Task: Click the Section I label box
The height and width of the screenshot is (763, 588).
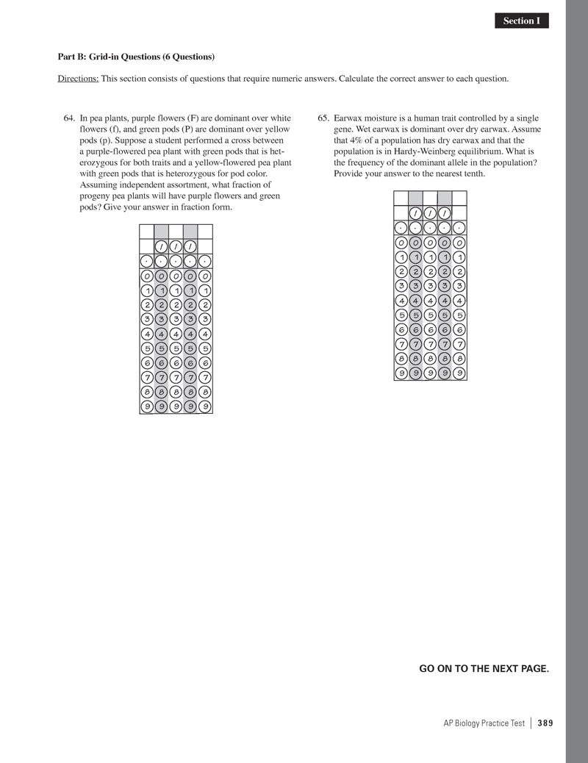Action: (x=522, y=21)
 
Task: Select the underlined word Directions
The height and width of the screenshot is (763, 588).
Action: (x=78, y=79)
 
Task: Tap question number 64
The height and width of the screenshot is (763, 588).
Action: (x=71, y=118)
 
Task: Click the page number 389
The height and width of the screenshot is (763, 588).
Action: (x=545, y=723)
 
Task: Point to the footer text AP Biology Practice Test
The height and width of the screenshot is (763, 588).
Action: (x=484, y=723)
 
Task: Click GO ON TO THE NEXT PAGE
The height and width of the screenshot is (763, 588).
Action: (x=484, y=668)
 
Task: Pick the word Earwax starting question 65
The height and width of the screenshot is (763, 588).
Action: (x=348, y=118)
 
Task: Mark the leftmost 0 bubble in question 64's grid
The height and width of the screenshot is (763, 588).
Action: (x=147, y=276)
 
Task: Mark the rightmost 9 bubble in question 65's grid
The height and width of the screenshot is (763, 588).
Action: (x=459, y=373)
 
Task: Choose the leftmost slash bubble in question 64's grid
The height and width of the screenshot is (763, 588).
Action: (x=162, y=246)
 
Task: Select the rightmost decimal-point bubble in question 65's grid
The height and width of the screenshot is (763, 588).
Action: (x=459, y=227)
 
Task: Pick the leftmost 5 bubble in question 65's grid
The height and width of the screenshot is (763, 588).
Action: (x=401, y=315)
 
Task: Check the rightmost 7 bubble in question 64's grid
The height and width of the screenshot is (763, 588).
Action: (x=205, y=377)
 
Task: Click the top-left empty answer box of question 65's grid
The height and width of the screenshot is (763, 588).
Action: (x=401, y=198)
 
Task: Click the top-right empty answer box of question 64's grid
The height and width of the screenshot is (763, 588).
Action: (x=205, y=231)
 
